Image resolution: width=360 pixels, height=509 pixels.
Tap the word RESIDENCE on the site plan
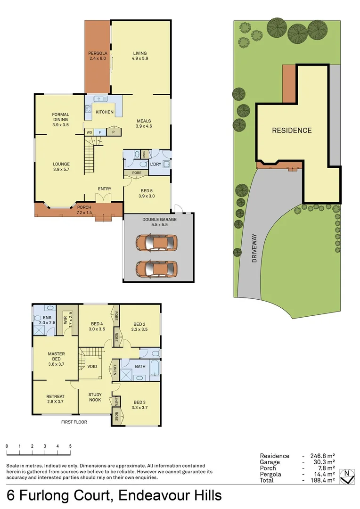[292, 131]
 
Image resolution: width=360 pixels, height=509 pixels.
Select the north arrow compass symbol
[347, 476]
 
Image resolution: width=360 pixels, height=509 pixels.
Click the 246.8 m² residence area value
[322, 456]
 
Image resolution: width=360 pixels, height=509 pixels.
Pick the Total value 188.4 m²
[322, 480]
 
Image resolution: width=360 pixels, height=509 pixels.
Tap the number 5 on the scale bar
[70, 446]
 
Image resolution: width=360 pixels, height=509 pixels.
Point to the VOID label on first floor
[92, 366]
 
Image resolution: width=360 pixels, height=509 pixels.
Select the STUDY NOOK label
[95, 398]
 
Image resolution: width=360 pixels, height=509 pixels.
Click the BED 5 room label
[146, 193]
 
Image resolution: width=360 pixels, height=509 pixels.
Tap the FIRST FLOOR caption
[74, 422]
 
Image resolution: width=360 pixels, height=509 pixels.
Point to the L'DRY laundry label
[155, 164]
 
